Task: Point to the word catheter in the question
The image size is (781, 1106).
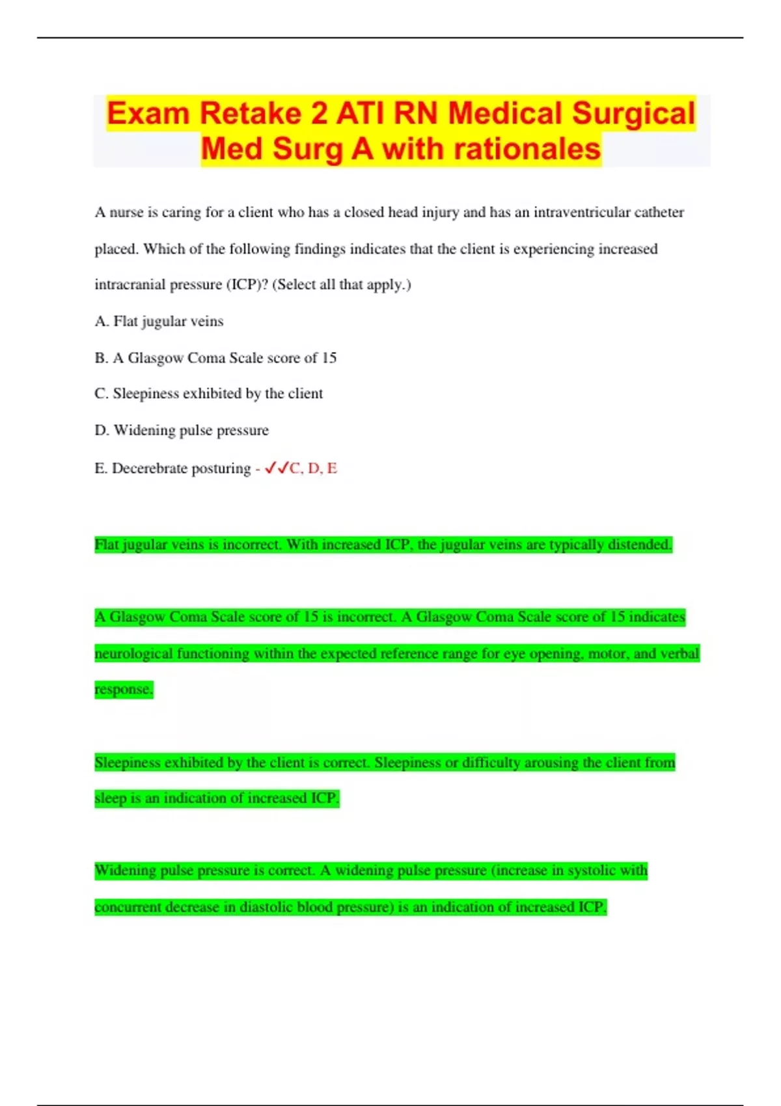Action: click(x=658, y=212)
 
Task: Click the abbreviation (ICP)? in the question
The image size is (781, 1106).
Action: click(x=247, y=284)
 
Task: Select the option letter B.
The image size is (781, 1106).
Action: click(x=100, y=358)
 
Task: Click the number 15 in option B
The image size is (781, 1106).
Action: click(x=329, y=358)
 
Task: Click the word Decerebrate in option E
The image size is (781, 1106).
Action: click(x=148, y=468)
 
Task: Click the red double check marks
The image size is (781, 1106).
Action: click(x=277, y=468)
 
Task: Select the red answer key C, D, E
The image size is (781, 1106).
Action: click(x=314, y=468)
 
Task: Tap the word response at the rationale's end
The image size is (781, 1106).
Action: click(x=123, y=689)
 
